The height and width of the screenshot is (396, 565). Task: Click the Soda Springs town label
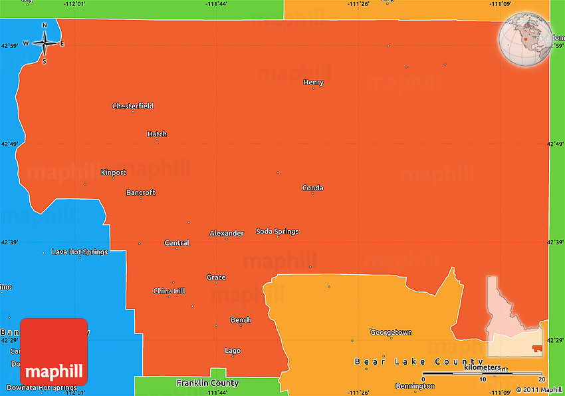tap(277, 232)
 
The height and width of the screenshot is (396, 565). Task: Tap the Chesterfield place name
tap(133, 106)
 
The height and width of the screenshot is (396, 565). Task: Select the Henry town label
tap(313, 83)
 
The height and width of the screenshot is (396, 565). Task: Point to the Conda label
tap(312, 188)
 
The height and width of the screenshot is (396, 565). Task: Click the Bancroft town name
tap(141, 192)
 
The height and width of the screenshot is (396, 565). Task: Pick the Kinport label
tap(113, 172)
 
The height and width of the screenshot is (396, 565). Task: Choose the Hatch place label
tap(157, 134)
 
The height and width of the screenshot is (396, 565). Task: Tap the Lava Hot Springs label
tap(80, 252)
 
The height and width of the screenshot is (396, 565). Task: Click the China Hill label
tap(169, 291)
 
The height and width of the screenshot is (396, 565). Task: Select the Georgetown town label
tap(391, 332)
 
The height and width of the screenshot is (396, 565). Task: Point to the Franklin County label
tap(207, 383)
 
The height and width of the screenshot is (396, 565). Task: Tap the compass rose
tap(45, 43)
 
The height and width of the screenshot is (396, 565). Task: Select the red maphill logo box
tap(54, 351)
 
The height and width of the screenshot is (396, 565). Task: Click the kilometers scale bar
tap(485, 373)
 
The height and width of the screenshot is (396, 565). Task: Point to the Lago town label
tap(233, 351)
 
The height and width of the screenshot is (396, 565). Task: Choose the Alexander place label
tap(227, 233)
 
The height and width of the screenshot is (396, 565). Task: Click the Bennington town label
tap(415, 386)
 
